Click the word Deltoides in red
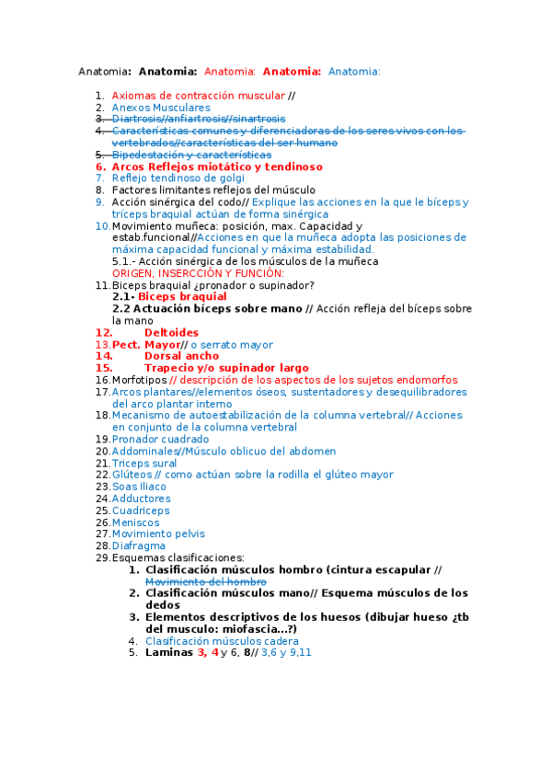click(x=171, y=332)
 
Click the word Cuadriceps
click(x=141, y=510)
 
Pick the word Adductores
click(x=141, y=498)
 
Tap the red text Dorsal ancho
click(x=181, y=355)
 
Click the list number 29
click(x=102, y=556)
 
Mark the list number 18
click(x=102, y=415)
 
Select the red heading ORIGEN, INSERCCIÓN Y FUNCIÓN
click(x=198, y=273)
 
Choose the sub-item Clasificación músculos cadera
click(x=222, y=640)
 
